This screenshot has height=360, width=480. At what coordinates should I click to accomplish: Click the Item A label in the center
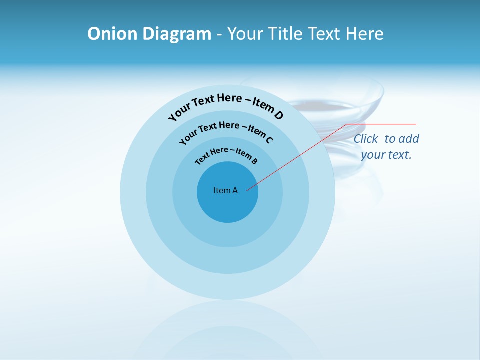click(225, 190)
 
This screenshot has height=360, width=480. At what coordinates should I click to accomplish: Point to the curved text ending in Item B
click(226, 154)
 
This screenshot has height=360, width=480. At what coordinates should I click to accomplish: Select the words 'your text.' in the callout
click(386, 155)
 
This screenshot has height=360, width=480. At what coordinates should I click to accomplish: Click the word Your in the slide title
click(246, 34)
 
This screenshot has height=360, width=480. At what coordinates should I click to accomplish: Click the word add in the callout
click(409, 139)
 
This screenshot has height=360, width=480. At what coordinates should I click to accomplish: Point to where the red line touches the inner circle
click(247, 190)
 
